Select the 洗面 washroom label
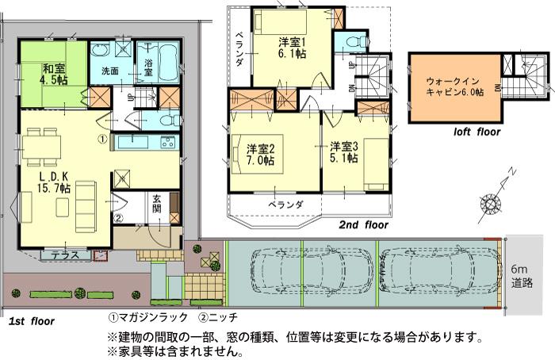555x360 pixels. [109, 71]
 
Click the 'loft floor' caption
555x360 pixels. [477, 132]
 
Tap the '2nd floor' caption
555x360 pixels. [362, 224]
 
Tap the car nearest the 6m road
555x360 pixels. [438, 270]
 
